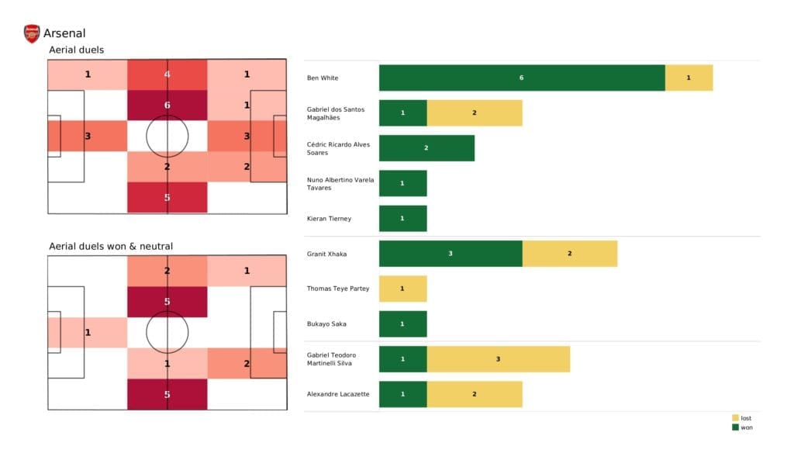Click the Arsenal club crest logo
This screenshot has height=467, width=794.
coord(32,33)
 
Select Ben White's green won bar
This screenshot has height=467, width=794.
coord(522,78)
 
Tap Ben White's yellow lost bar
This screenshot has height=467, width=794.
coord(689,78)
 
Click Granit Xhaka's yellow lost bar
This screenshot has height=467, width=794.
coord(569,254)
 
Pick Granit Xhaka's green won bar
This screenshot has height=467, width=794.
coord(451,254)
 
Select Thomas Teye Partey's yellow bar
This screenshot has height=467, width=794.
coord(402,289)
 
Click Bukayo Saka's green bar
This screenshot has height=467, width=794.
coord(402,323)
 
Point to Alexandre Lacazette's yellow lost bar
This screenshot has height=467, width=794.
coord(474,394)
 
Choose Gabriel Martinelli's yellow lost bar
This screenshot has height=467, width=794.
coord(498,359)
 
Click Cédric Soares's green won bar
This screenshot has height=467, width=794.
coord(426,148)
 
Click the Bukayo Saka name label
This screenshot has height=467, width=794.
coord(326,323)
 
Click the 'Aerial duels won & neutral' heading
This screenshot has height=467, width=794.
coord(110,247)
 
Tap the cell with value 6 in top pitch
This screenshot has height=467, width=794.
coord(167,106)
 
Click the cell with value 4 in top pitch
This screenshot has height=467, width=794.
coord(167,75)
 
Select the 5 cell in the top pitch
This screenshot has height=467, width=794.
coord(167,197)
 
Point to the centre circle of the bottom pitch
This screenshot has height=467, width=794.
coord(167,333)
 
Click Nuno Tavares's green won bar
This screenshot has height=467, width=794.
coord(402,183)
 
